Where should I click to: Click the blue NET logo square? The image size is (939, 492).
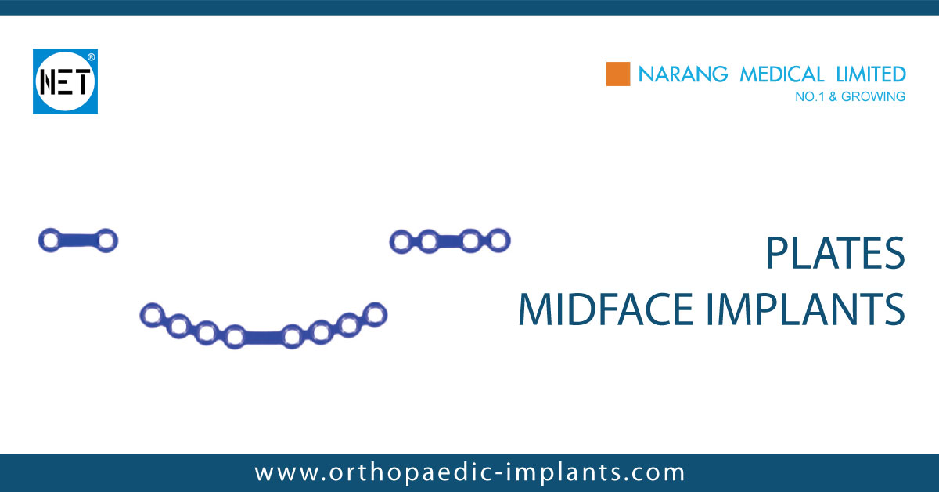(x=65, y=81)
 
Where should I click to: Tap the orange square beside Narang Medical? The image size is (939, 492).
(x=618, y=74)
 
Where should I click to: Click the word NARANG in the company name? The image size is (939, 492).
(x=678, y=74)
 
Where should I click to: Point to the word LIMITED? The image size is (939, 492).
(x=869, y=74)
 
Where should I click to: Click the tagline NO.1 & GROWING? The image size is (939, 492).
(x=849, y=97)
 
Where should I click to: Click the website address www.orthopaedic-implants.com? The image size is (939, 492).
(x=469, y=472)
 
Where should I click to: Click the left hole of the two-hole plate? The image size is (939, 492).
(x=50, y=241)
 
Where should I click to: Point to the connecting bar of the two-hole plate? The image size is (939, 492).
(x=77, y=239)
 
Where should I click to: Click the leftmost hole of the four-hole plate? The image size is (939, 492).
(x=401, y=242)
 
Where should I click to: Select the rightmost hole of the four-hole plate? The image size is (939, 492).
(x=498, y=240)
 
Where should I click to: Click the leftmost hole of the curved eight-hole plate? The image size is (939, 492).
(x=151, y=316)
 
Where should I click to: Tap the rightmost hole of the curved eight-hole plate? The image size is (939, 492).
(x=376, y=314)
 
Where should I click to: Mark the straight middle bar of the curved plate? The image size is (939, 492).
(x=262, y=337)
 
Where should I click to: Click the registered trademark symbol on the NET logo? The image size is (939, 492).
(x=92, y=57)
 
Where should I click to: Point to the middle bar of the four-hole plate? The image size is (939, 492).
(x=448, y=241)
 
